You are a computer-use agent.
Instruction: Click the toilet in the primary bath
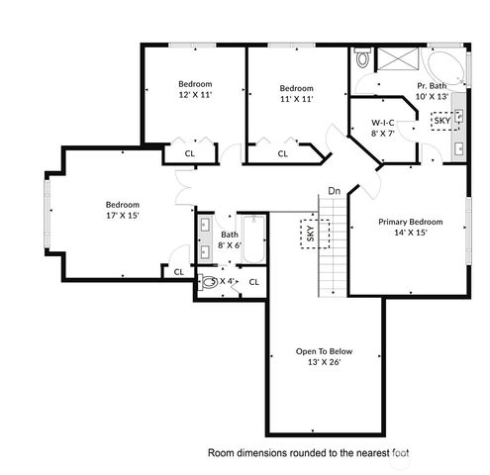pos(362,59)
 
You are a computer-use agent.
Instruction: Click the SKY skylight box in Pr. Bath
pos(442,121)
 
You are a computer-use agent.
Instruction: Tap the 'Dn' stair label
pos(335,191)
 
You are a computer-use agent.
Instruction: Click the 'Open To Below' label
pos(323,351)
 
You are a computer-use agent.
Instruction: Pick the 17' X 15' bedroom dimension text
pos(123,215)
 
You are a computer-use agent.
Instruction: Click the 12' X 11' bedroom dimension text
pos(195,96)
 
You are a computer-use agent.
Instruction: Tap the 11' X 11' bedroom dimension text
pos(296,99)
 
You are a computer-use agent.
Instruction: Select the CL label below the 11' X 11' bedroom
pos(282,153)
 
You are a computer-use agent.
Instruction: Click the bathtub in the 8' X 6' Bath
pos(253,239)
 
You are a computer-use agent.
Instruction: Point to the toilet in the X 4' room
pos(209,282)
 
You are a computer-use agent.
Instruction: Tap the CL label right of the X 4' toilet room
pos(253,282)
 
